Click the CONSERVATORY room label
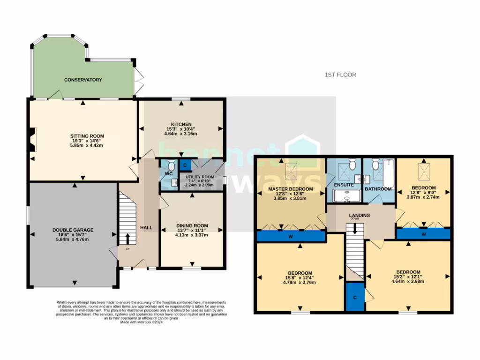point(83,80)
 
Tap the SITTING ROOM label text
point(83,136)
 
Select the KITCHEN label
point(181,124)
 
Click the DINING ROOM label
point(192,225)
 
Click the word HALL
point(146,228)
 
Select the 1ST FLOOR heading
point(340,75)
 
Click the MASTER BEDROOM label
point(290,188)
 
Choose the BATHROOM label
point(378,189)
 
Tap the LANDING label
point(360,216)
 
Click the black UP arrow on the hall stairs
point(127,238)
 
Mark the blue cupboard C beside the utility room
point(185,165)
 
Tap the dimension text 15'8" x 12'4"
point(300,278)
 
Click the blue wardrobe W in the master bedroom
point(291,236)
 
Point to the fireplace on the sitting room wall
point(32,140)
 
